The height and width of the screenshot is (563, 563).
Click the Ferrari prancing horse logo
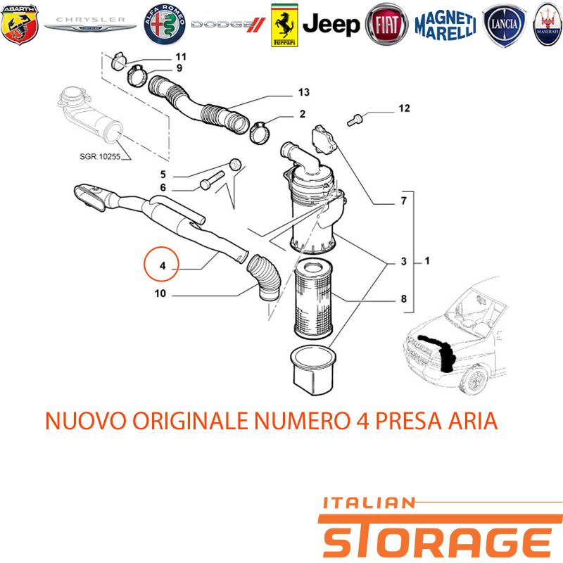pos(284,25)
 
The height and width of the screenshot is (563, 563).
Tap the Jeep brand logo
pos(331,25)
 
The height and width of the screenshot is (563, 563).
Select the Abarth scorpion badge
pos(20,25)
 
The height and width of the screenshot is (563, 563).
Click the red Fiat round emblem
pos(386,25)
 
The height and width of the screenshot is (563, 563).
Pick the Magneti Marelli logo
pos(445,25)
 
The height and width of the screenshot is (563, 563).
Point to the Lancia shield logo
pos(504,25)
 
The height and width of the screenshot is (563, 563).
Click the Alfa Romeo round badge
pos(165,25)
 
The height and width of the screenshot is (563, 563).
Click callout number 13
pos(304,92)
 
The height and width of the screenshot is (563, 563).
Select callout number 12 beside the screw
pos(404,108)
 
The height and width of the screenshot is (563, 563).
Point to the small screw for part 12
pos(355,120)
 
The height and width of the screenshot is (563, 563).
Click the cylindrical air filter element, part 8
pos(313,299)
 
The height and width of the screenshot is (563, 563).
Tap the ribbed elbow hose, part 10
pos(265,277)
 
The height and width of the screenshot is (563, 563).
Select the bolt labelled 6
pos(212,180)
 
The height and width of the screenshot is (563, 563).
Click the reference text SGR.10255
pos(100,156)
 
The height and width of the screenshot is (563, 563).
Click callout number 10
pos(160,293)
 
